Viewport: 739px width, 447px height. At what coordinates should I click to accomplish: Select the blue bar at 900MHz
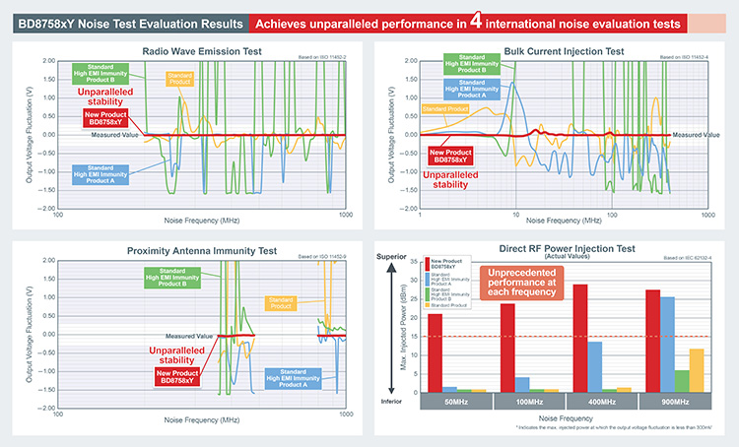(667, 344)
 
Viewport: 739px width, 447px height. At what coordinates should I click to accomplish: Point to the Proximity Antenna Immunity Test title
(201, 250)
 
